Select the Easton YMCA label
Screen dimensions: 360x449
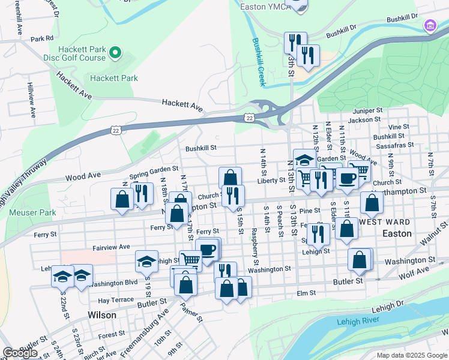point(262,7)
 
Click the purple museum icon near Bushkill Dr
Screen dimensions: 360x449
point(430,26)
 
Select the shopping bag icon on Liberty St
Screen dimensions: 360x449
point(230,178)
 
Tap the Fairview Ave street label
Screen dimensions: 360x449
point(112,247)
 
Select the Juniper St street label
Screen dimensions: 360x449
point(368,111)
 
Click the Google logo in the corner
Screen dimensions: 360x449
point(19,353)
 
